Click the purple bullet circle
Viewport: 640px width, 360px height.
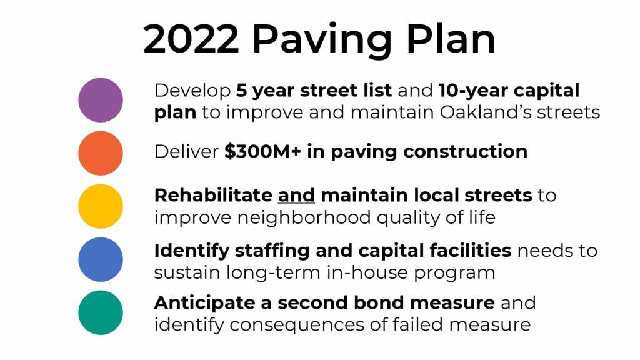(x=101, y=100)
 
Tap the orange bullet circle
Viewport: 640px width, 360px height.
(x=101, y=153)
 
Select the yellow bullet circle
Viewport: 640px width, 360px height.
(x=101, y=206)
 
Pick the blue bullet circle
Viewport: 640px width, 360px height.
(x=101, y=259)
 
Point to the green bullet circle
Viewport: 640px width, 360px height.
(x=101, y=312)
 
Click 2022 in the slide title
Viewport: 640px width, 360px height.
(x=191, y=39)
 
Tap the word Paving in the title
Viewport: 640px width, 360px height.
(x=322, y=41)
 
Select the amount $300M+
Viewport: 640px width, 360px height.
(x=262, y=151)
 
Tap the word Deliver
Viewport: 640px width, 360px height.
(x=186, y=152)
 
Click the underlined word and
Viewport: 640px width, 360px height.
(x=296, y=196)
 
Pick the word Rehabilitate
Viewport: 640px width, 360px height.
(x=213, y=195)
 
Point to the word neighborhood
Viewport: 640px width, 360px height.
(x=304, y=217)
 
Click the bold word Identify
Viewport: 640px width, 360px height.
(x=192, y=251)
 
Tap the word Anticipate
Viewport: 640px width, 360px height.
(x=205, y=304)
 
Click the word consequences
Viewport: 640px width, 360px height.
(x=297, y=325)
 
